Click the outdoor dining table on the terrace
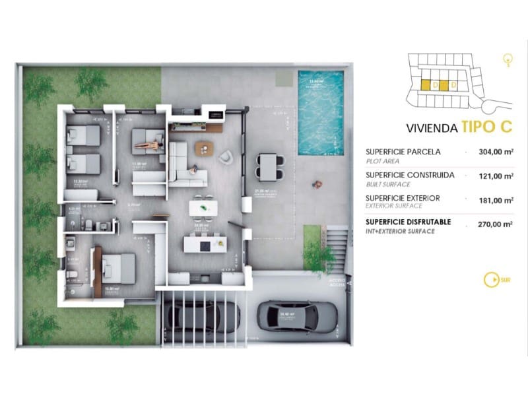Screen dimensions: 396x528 (269, 164)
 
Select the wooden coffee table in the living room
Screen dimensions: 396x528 (205, 147)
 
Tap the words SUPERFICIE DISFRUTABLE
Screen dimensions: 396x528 (408, 222)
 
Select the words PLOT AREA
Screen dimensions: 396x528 (383, 160)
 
